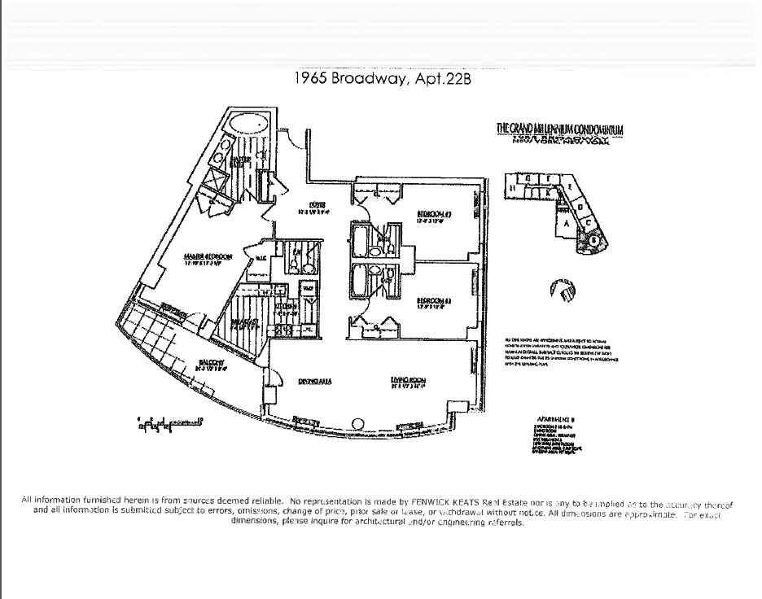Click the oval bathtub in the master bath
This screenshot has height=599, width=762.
(247, 127)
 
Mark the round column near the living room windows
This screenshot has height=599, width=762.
(357, 422)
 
